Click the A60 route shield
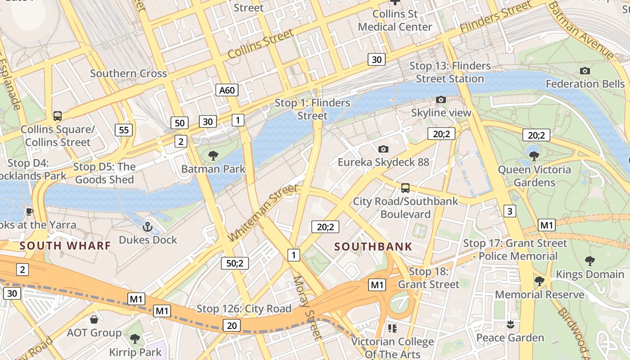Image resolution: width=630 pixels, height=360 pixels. tap(227, 90)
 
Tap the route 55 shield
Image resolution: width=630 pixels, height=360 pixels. tap(124, 130)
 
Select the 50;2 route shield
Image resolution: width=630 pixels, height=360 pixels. tap(235, 263)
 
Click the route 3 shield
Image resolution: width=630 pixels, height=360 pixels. tap(509, 211)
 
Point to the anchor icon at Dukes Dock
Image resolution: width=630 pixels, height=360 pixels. tap(147, 226)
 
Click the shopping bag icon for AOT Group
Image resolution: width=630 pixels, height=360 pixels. tap(94, 319)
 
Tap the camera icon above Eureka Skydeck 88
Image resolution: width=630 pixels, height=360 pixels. tap(383, 149)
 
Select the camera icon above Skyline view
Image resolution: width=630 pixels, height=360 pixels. tap(441, 99)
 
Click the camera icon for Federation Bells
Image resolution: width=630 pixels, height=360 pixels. tap(585, 71)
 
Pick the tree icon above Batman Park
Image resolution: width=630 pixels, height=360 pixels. tap(213, 156)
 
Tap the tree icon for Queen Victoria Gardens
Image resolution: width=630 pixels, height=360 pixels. tap(534, 156)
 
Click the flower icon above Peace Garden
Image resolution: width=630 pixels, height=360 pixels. tap(510, 324)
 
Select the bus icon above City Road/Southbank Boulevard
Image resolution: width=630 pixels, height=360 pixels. tap(405, 188)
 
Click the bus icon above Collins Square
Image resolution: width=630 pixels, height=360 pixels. tap(58, 116)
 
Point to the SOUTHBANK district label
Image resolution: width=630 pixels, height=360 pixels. tap(373, 247)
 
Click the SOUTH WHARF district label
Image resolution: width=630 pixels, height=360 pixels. tap(65, 246)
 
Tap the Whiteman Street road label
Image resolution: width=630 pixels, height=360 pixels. tap(263, 212)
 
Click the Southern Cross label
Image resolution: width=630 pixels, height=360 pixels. tap(128, 73)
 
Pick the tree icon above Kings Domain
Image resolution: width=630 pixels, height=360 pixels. tap(589, 261)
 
